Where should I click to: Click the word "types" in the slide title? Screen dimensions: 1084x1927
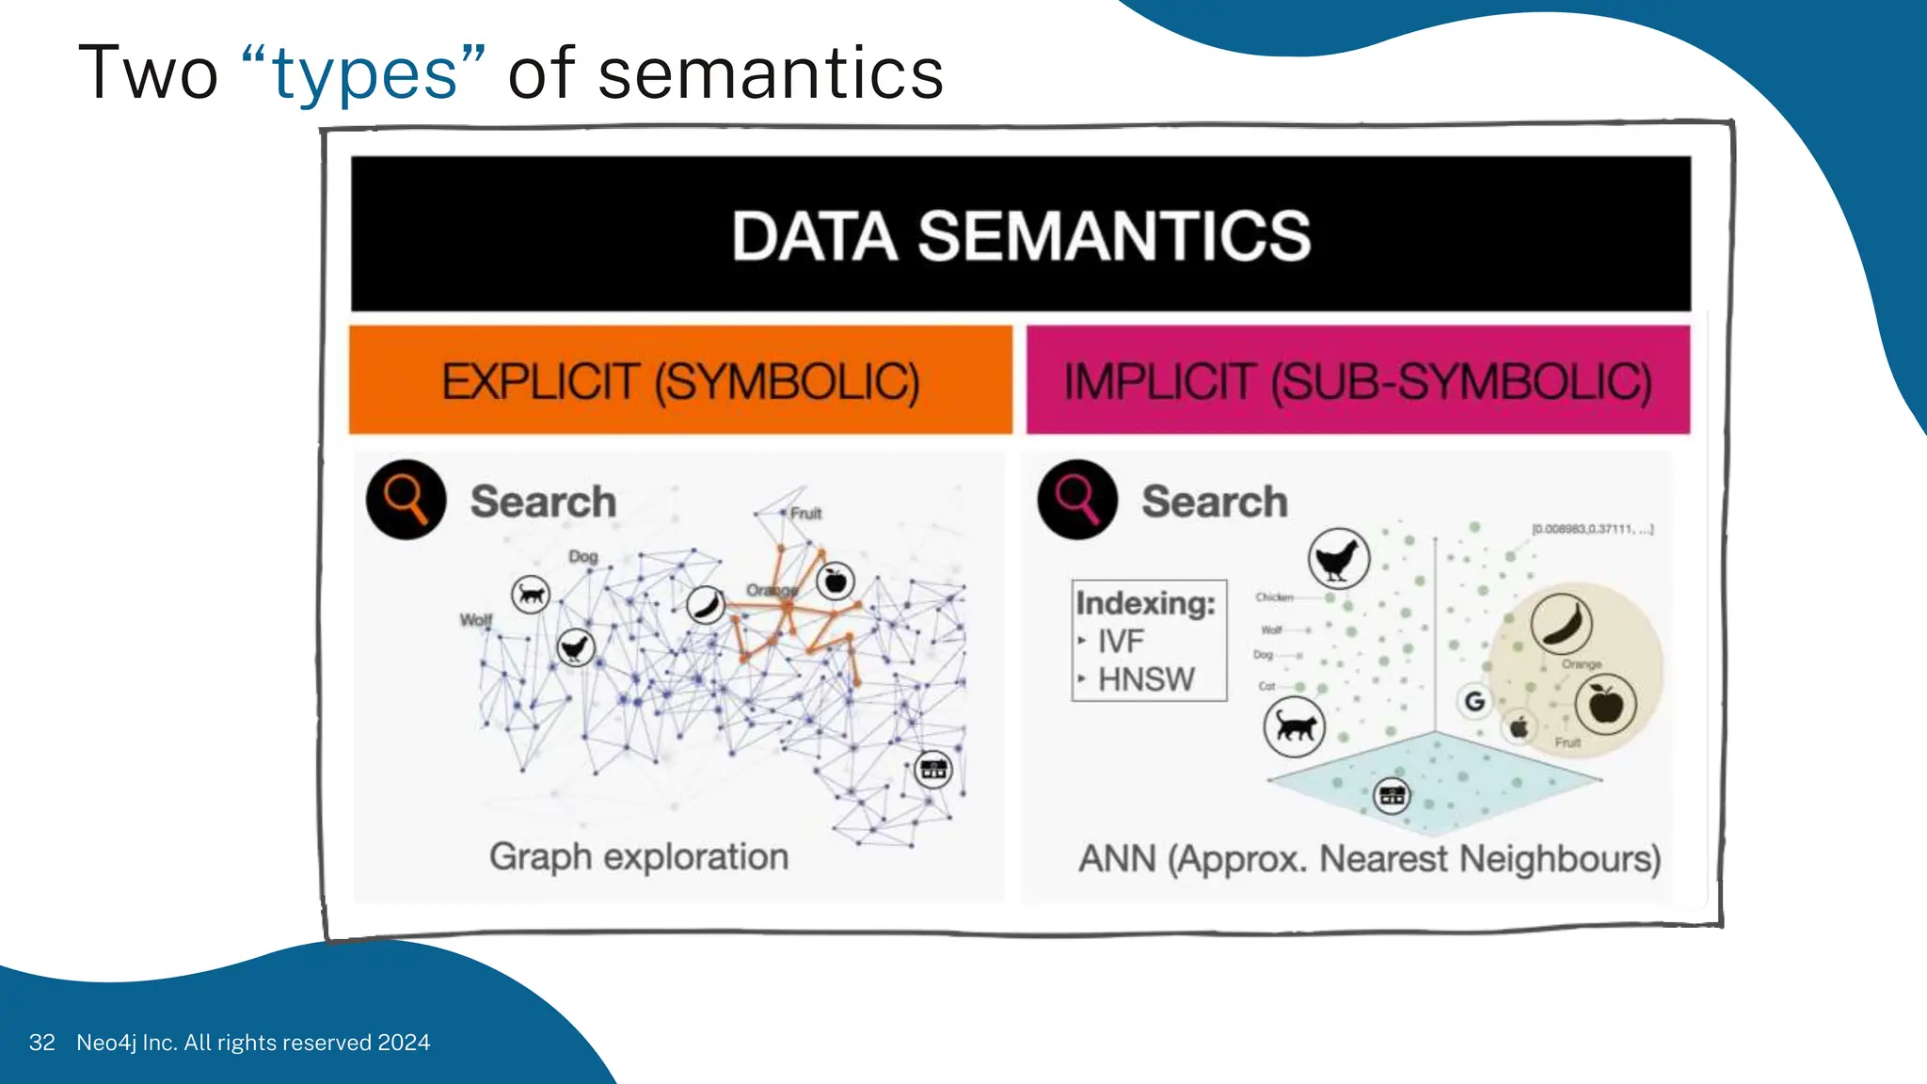(x=364, y=75)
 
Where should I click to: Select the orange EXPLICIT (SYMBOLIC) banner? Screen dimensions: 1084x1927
(x=680, y=381)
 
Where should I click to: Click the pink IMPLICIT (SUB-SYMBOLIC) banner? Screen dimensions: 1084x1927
(x=1358, y=381)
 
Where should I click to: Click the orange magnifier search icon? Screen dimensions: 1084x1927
(x=406, y=499)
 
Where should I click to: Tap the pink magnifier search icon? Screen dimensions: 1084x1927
(x=1077, y=499)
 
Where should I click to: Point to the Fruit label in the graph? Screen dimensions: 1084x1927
(x=805, y=513)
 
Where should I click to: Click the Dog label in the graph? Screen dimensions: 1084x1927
(x=582, y=556)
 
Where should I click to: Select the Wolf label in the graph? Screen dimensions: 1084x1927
(x=475, y=619)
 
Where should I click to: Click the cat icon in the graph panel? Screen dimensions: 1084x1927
(x=531, y=595)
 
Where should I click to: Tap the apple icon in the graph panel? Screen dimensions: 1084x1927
(x=835, y=582)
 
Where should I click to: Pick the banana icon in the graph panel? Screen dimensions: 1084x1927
(x=705, y=604)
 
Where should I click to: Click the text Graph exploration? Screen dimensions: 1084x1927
(x=639, y=857)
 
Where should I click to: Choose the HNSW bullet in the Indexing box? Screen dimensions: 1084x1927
(x=1145, y=679)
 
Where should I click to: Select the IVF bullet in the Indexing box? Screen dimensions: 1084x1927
(x=1120, y=642)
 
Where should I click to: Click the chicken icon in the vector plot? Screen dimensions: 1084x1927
(x=1338, y=559)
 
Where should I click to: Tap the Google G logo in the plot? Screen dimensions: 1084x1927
(x=1474, y=701)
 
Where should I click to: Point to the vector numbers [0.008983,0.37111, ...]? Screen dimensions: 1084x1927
(x=1592, y=529)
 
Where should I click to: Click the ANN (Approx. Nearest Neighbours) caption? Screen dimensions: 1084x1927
(x=1369, y=859)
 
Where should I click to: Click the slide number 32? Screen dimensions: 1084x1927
(x=41, y=1043)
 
